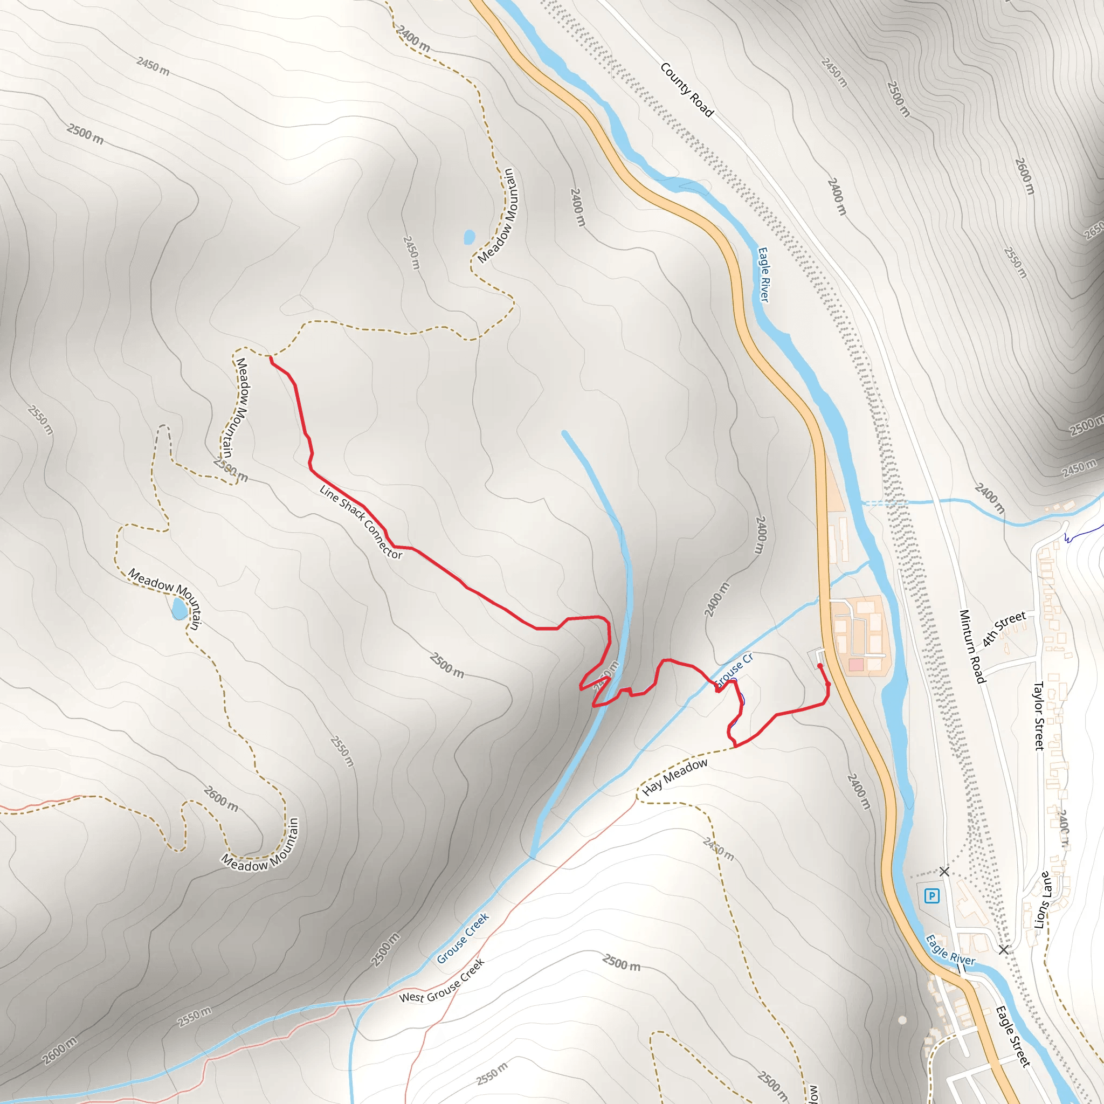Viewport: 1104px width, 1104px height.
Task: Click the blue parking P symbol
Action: pos(932,895)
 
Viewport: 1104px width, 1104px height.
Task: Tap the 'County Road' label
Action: pos(686,89)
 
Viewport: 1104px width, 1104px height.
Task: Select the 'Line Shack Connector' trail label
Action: pos(361,522)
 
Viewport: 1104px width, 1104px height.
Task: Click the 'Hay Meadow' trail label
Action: pos(675,777)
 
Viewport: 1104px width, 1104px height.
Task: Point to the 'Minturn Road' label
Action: pos(972,646)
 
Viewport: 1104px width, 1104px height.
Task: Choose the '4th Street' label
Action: pos(1004,629)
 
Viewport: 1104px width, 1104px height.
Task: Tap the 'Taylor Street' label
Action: pos(1039,715)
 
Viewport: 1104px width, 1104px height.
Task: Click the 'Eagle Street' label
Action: pos(1013,1036)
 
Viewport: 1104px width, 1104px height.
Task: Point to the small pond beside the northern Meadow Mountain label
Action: pos(470,237)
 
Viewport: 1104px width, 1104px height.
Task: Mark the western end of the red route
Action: pos(270,358)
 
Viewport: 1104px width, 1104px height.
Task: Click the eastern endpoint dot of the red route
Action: pos(820,666)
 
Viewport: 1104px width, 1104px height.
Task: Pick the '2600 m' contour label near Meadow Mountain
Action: pos(221,799)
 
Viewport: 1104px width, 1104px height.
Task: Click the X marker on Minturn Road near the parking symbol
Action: pos(944,872)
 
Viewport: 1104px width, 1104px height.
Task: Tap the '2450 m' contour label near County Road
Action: pos(834,73)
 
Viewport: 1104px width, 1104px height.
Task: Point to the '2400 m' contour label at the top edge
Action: pos(413,39)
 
